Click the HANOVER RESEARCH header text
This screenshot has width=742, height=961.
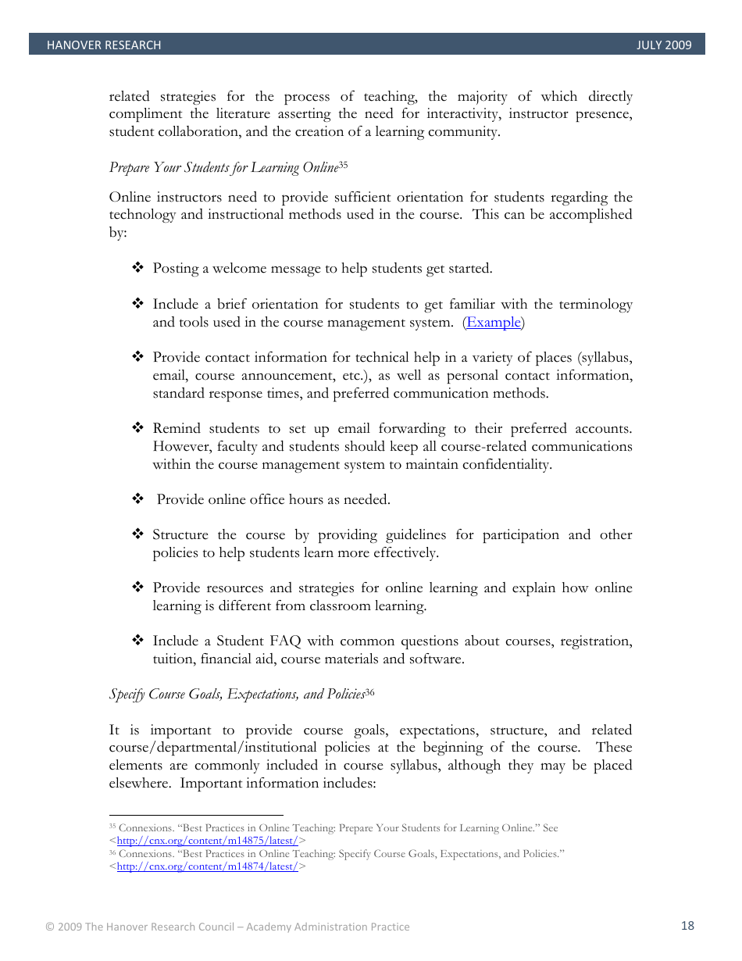pyautogui.click(x=104, y=45)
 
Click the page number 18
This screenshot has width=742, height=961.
pyautogui.click(x=687, y=926)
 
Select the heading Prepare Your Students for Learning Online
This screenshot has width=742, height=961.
pyautogui.click(x=223, y=168)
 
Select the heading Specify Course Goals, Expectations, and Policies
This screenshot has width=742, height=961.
pyautogui.click(x=237, y=694)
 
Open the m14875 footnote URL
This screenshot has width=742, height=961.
pyautogui.click(x=207, y=841)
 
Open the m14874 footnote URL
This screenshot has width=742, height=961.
pyautogui.click(x=207, y=866)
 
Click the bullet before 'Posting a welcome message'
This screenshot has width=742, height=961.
pyautogui.click(x=138, y=269)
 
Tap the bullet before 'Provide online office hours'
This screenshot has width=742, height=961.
pyautogui.click(x=138, y=499)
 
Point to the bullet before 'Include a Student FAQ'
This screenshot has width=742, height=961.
pyautogui.click(x=138, y=641)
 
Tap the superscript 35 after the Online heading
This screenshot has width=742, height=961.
pyautogui.click(x=343, y=165)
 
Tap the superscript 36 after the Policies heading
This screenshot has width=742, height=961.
pyautogui.click(x=370, y=691)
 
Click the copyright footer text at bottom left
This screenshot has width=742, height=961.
pyautogui.click(x=227, y=927)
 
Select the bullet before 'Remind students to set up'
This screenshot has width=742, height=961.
pyautogui.click(x=138, y=429)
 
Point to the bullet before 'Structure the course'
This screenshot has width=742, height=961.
pyautogui.click(x=138, y=535)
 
